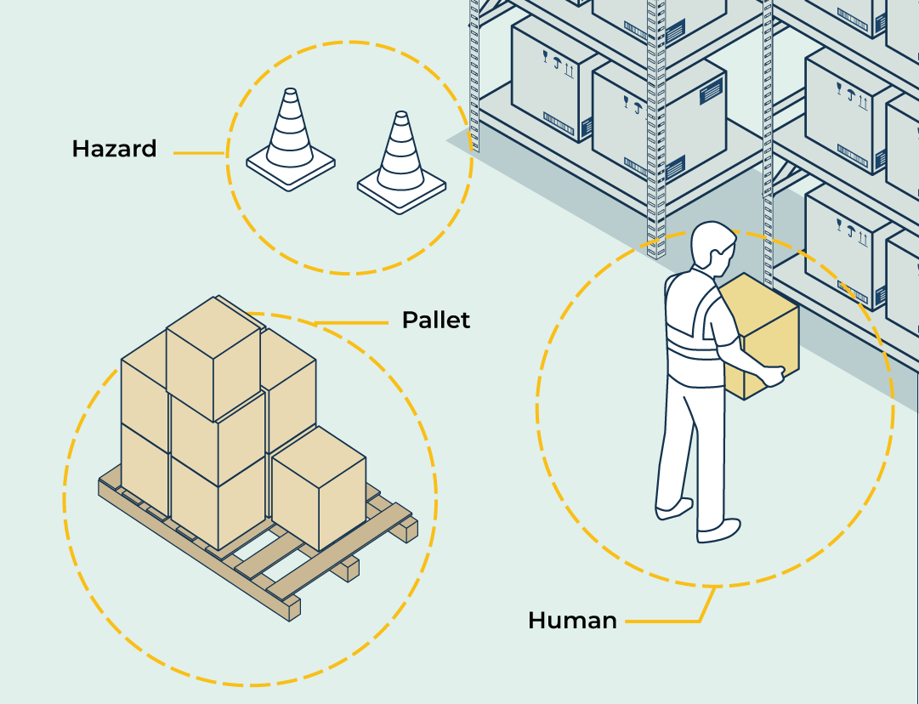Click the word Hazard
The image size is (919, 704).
click(x=114, y=150)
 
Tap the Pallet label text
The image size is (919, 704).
click(x=435, y=321)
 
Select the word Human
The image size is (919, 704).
click(x=572, y=621)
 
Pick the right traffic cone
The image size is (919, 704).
click(x=400, y=161)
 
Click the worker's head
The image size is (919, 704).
click(x=712, y=247)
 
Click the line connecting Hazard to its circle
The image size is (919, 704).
click(x=199, y=153)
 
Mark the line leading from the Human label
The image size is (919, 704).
click(x=672, y=622)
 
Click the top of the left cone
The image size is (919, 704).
click(x=290, y=91)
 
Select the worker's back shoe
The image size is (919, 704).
click(x=674, y=508)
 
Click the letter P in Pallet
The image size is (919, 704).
click(x=409, y=321)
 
